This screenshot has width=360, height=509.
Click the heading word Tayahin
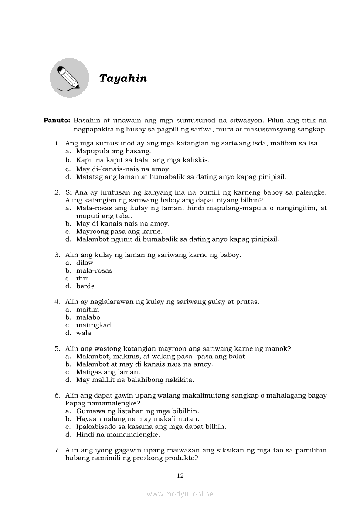[123, 78]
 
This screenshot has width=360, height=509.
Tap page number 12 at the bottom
[180, 475]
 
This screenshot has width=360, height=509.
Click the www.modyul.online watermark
[180, 494]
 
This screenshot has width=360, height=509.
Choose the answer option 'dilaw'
[85, 263]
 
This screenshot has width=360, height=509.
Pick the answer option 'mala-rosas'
[94, 270]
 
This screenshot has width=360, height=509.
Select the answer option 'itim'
[82, 278]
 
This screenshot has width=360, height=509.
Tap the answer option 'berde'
[85, 286]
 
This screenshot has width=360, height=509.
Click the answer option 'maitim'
[88, 310]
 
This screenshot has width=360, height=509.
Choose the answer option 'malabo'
[88, 317]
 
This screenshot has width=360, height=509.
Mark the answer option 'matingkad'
[93, 325]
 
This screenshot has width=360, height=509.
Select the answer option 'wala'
[84, 333]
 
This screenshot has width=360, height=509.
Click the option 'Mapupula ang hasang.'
[113, 151]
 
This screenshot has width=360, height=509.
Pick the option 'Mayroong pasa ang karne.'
[119, 231]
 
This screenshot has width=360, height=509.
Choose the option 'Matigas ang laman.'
[108, 372]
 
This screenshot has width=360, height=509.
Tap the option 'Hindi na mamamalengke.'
[118, 435]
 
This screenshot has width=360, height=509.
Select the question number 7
[57, 450]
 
